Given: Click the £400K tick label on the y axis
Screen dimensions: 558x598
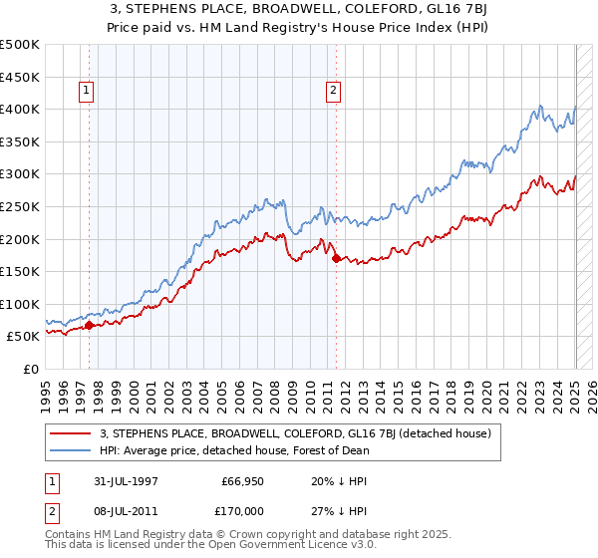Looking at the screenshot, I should click(20, 109).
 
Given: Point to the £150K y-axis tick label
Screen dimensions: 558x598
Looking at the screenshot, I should click(20, 271).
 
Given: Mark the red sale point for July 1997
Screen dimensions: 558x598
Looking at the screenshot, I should click(90, 324).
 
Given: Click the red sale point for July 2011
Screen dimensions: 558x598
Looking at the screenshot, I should click(336, 258).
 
